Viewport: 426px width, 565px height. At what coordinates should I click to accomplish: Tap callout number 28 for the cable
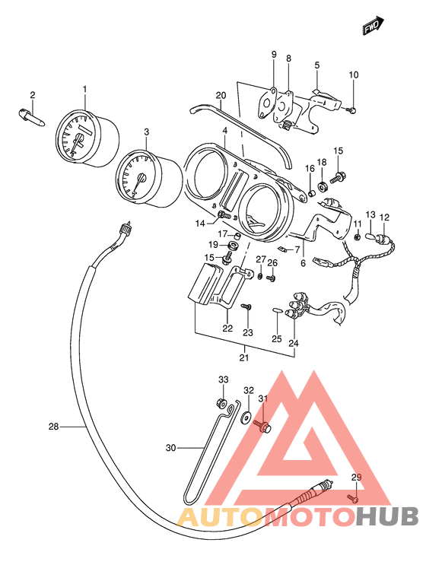[x=53, y=427]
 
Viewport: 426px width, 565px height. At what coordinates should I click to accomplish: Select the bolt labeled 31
[x=262, y=426]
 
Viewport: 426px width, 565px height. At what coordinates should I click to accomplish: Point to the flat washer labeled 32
[x=246, y=417]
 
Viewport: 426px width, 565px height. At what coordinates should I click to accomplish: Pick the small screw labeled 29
[x=353, y=498]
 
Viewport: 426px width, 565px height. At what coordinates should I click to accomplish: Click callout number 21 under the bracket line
[x=244, y=358]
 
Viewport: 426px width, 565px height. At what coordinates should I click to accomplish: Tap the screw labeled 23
[x=247, y=306]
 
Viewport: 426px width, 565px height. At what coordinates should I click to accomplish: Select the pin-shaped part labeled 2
[x=31, y=116]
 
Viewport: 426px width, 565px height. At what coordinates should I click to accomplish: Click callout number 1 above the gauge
[x=85, y=89]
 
